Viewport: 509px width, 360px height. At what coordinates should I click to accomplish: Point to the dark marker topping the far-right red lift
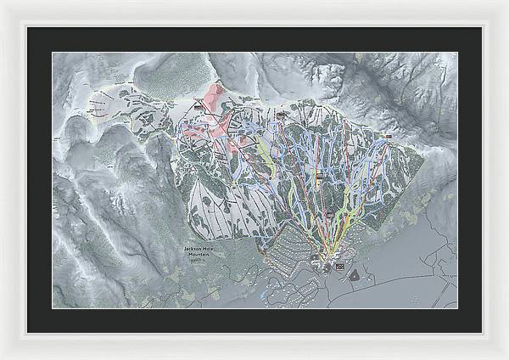(388, 135)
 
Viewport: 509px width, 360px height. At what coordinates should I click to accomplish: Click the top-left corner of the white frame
(3, 3)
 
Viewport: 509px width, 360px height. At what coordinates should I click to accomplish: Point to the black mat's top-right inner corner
(456, 53)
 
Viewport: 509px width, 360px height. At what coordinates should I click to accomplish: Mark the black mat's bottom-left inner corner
(53, 307)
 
